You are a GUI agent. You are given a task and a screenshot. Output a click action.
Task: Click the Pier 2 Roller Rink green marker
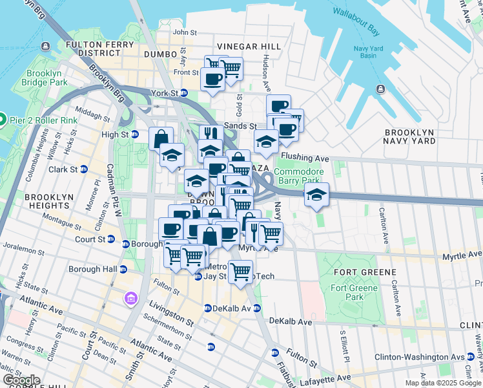pos(2,120)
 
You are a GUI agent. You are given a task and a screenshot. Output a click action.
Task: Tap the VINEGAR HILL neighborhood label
pos(249,47)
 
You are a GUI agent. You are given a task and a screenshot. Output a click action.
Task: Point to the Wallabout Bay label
pos(356,12)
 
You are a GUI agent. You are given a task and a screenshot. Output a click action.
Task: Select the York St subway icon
pos(183,93)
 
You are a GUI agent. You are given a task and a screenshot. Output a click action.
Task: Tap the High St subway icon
pos(135,135)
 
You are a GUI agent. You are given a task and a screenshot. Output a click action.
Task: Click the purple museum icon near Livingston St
pos(130,299)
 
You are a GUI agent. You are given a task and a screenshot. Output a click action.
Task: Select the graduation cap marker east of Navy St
pos(316,195)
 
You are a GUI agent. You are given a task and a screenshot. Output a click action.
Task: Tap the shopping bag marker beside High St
pos(161,138)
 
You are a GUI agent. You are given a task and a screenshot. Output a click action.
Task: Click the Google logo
pos(22,380)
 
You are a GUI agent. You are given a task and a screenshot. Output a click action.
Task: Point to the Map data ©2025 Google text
pos(443,383)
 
